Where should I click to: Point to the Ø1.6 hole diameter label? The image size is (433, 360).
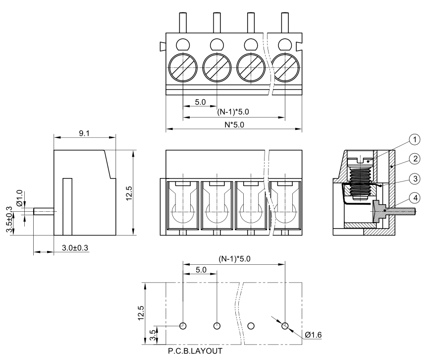313,335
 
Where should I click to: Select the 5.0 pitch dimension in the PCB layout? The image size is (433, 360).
200,270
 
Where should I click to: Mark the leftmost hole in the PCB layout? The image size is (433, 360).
183,326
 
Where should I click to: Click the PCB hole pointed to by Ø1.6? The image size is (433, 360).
285,326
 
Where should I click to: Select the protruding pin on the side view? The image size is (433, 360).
43,211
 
